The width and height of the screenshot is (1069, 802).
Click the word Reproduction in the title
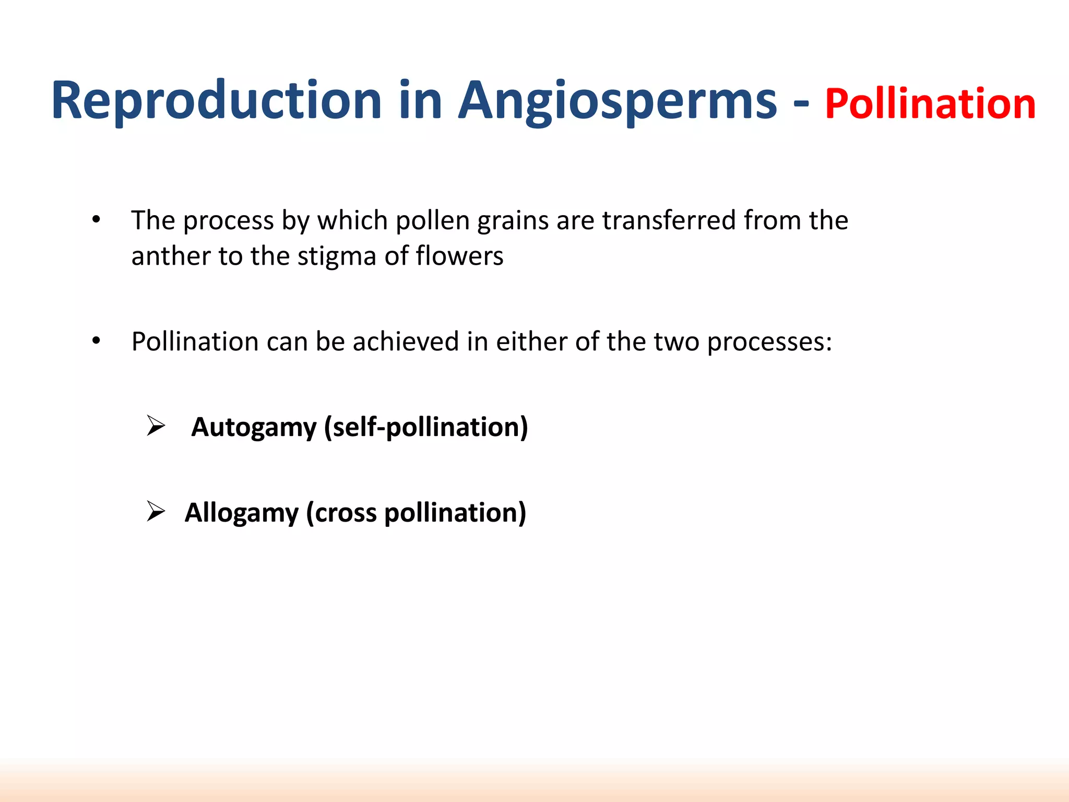point(217,100)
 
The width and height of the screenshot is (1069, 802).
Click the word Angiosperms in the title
point(617,100)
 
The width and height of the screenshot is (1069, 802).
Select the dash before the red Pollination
point(801,103)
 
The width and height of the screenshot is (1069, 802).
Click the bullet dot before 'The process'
point(96,220)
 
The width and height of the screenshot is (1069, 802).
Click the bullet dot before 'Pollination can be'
point(96,341)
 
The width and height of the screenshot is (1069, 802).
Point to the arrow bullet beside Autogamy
point(156,426)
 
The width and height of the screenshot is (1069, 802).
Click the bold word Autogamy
point(254,427)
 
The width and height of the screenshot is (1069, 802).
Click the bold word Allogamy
point(241,512)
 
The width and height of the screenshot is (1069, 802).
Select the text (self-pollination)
point(426,427)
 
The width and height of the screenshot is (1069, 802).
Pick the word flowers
point(459,256)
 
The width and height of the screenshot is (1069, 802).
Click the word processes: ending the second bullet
point(769,343)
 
